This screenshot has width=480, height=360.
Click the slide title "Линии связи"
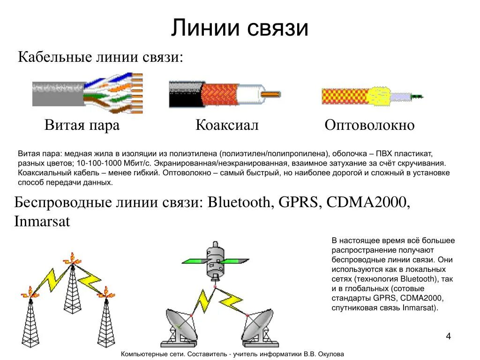pyautogui.click(x=240, y=28)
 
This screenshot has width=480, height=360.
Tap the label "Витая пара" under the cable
pyautogui.click(x=82, y=125)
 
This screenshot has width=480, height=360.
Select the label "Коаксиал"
pyautogui.click(x=227, y=125)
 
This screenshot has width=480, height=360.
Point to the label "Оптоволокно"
pyautogui.click(x=369, y=125)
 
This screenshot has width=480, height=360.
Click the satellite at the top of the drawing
pyautogui.click(x=215, y=262)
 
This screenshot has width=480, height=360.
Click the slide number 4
pyautogui.click(x=448, y=337)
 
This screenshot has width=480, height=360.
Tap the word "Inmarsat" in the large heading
pyautogui.click(x=42, y=221)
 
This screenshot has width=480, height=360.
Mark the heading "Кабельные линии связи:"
pyautogui.click(x=100, y=58)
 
